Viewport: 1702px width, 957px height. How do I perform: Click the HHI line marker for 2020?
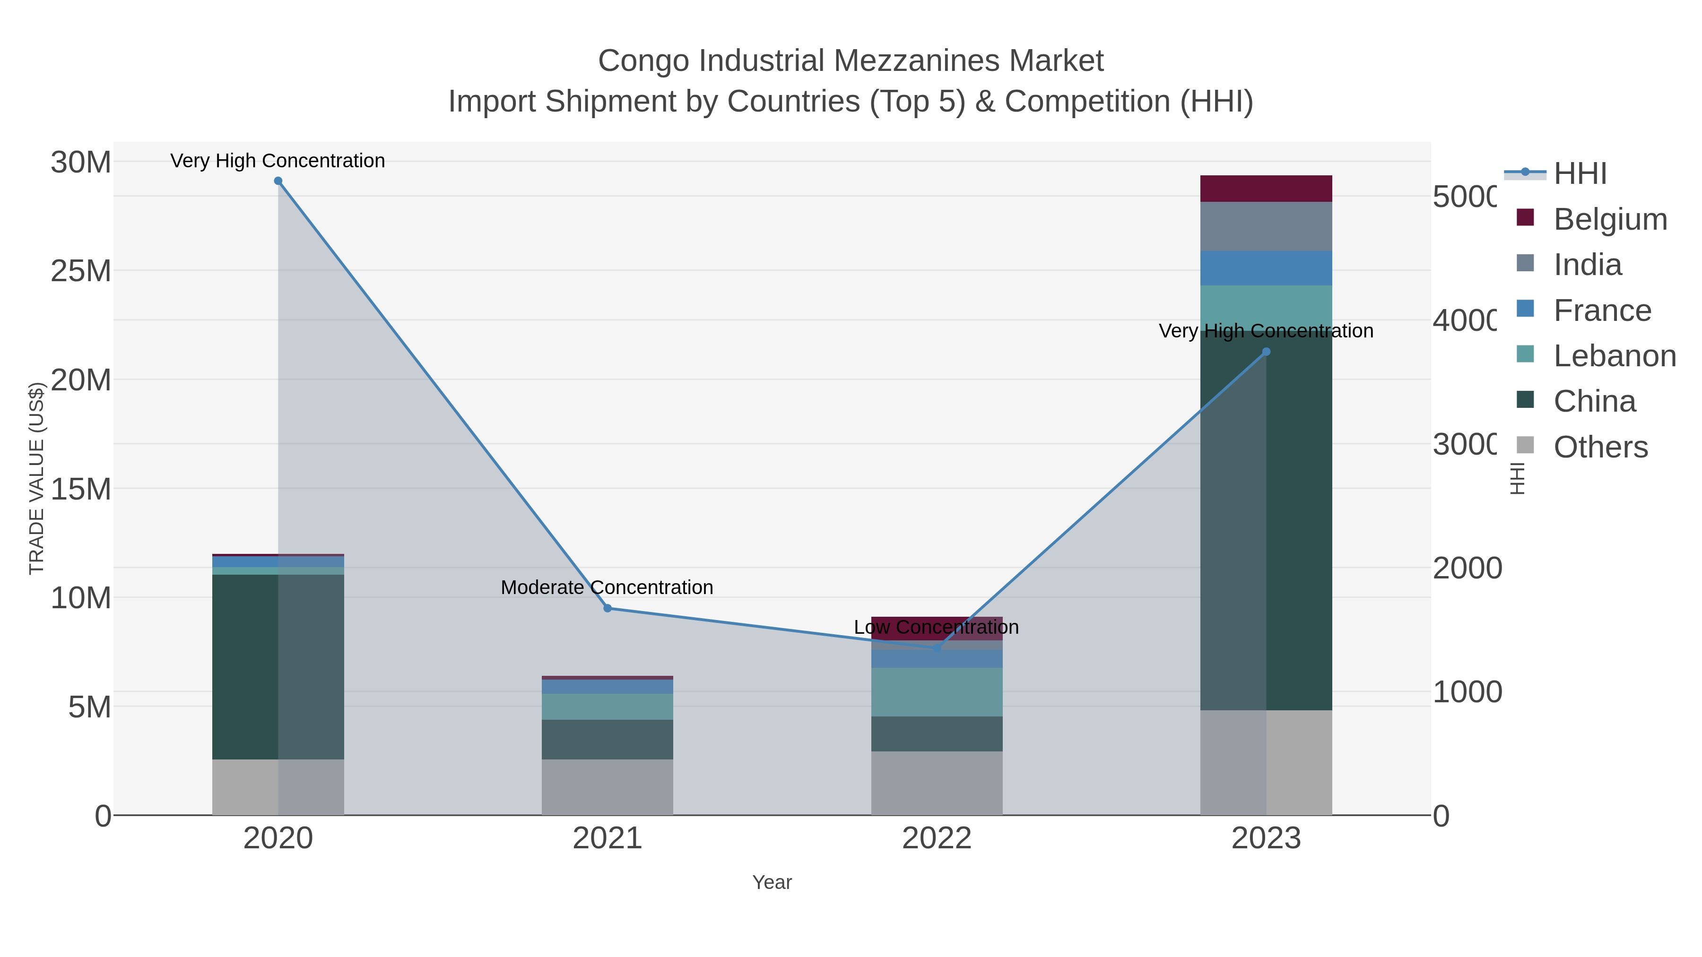(278, 181)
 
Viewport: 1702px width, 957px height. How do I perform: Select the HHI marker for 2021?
(607, 608)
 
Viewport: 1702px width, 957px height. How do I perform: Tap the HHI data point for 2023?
(1266, 352)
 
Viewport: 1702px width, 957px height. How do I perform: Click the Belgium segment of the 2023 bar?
(1266, 189)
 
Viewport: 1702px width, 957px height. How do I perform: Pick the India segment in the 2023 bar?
(1266, 226)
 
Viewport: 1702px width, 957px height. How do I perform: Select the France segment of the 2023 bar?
(1266, 268)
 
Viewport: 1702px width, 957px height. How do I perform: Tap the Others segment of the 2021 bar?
(607, 787)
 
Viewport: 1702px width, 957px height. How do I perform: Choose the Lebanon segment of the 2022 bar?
(936, 692)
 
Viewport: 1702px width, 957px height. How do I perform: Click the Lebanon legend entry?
(1614, 356)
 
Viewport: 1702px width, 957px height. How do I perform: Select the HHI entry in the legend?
(1579, 174)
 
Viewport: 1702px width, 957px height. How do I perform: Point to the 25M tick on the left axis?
(80, 271)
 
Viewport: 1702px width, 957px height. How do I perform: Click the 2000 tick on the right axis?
(1467, 568)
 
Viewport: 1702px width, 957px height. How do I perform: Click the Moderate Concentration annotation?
(607, 587)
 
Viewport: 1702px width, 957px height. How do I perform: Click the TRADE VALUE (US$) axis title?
(36, 478)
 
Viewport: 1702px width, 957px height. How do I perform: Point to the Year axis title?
(771, 882)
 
